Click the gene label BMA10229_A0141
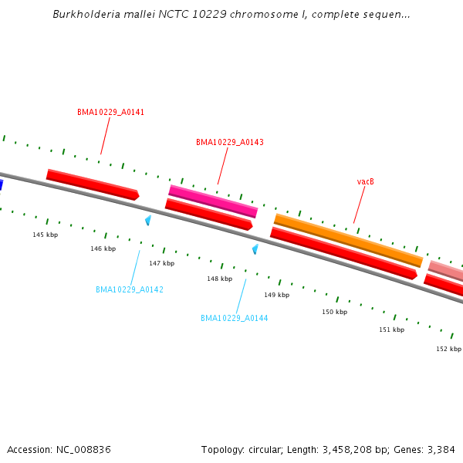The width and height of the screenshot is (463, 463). [110, 112]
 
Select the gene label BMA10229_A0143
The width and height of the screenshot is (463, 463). [229, 142]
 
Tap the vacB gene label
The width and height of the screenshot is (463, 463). [365, 181]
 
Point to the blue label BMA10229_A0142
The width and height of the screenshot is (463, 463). [130, 289]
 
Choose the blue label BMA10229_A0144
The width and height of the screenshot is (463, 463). [235, 318]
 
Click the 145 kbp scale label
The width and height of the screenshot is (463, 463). [45, 235]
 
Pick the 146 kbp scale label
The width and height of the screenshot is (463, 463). [103, 248]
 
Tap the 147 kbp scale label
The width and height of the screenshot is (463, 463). [161, 263]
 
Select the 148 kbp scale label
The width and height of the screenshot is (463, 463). [219, 279]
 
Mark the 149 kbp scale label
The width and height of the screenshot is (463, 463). [276, 295]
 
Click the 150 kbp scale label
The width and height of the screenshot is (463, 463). [334, 312]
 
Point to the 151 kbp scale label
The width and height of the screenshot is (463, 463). [391, 330]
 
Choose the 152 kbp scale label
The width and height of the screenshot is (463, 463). [448, 349]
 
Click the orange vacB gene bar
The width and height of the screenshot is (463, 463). [348, 239]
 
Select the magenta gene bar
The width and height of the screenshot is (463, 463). [213, 201]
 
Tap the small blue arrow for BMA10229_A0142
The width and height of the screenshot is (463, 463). [147, 220]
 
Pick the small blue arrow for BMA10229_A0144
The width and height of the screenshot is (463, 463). [255, 249]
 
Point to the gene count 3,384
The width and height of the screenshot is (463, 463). [439, 449]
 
